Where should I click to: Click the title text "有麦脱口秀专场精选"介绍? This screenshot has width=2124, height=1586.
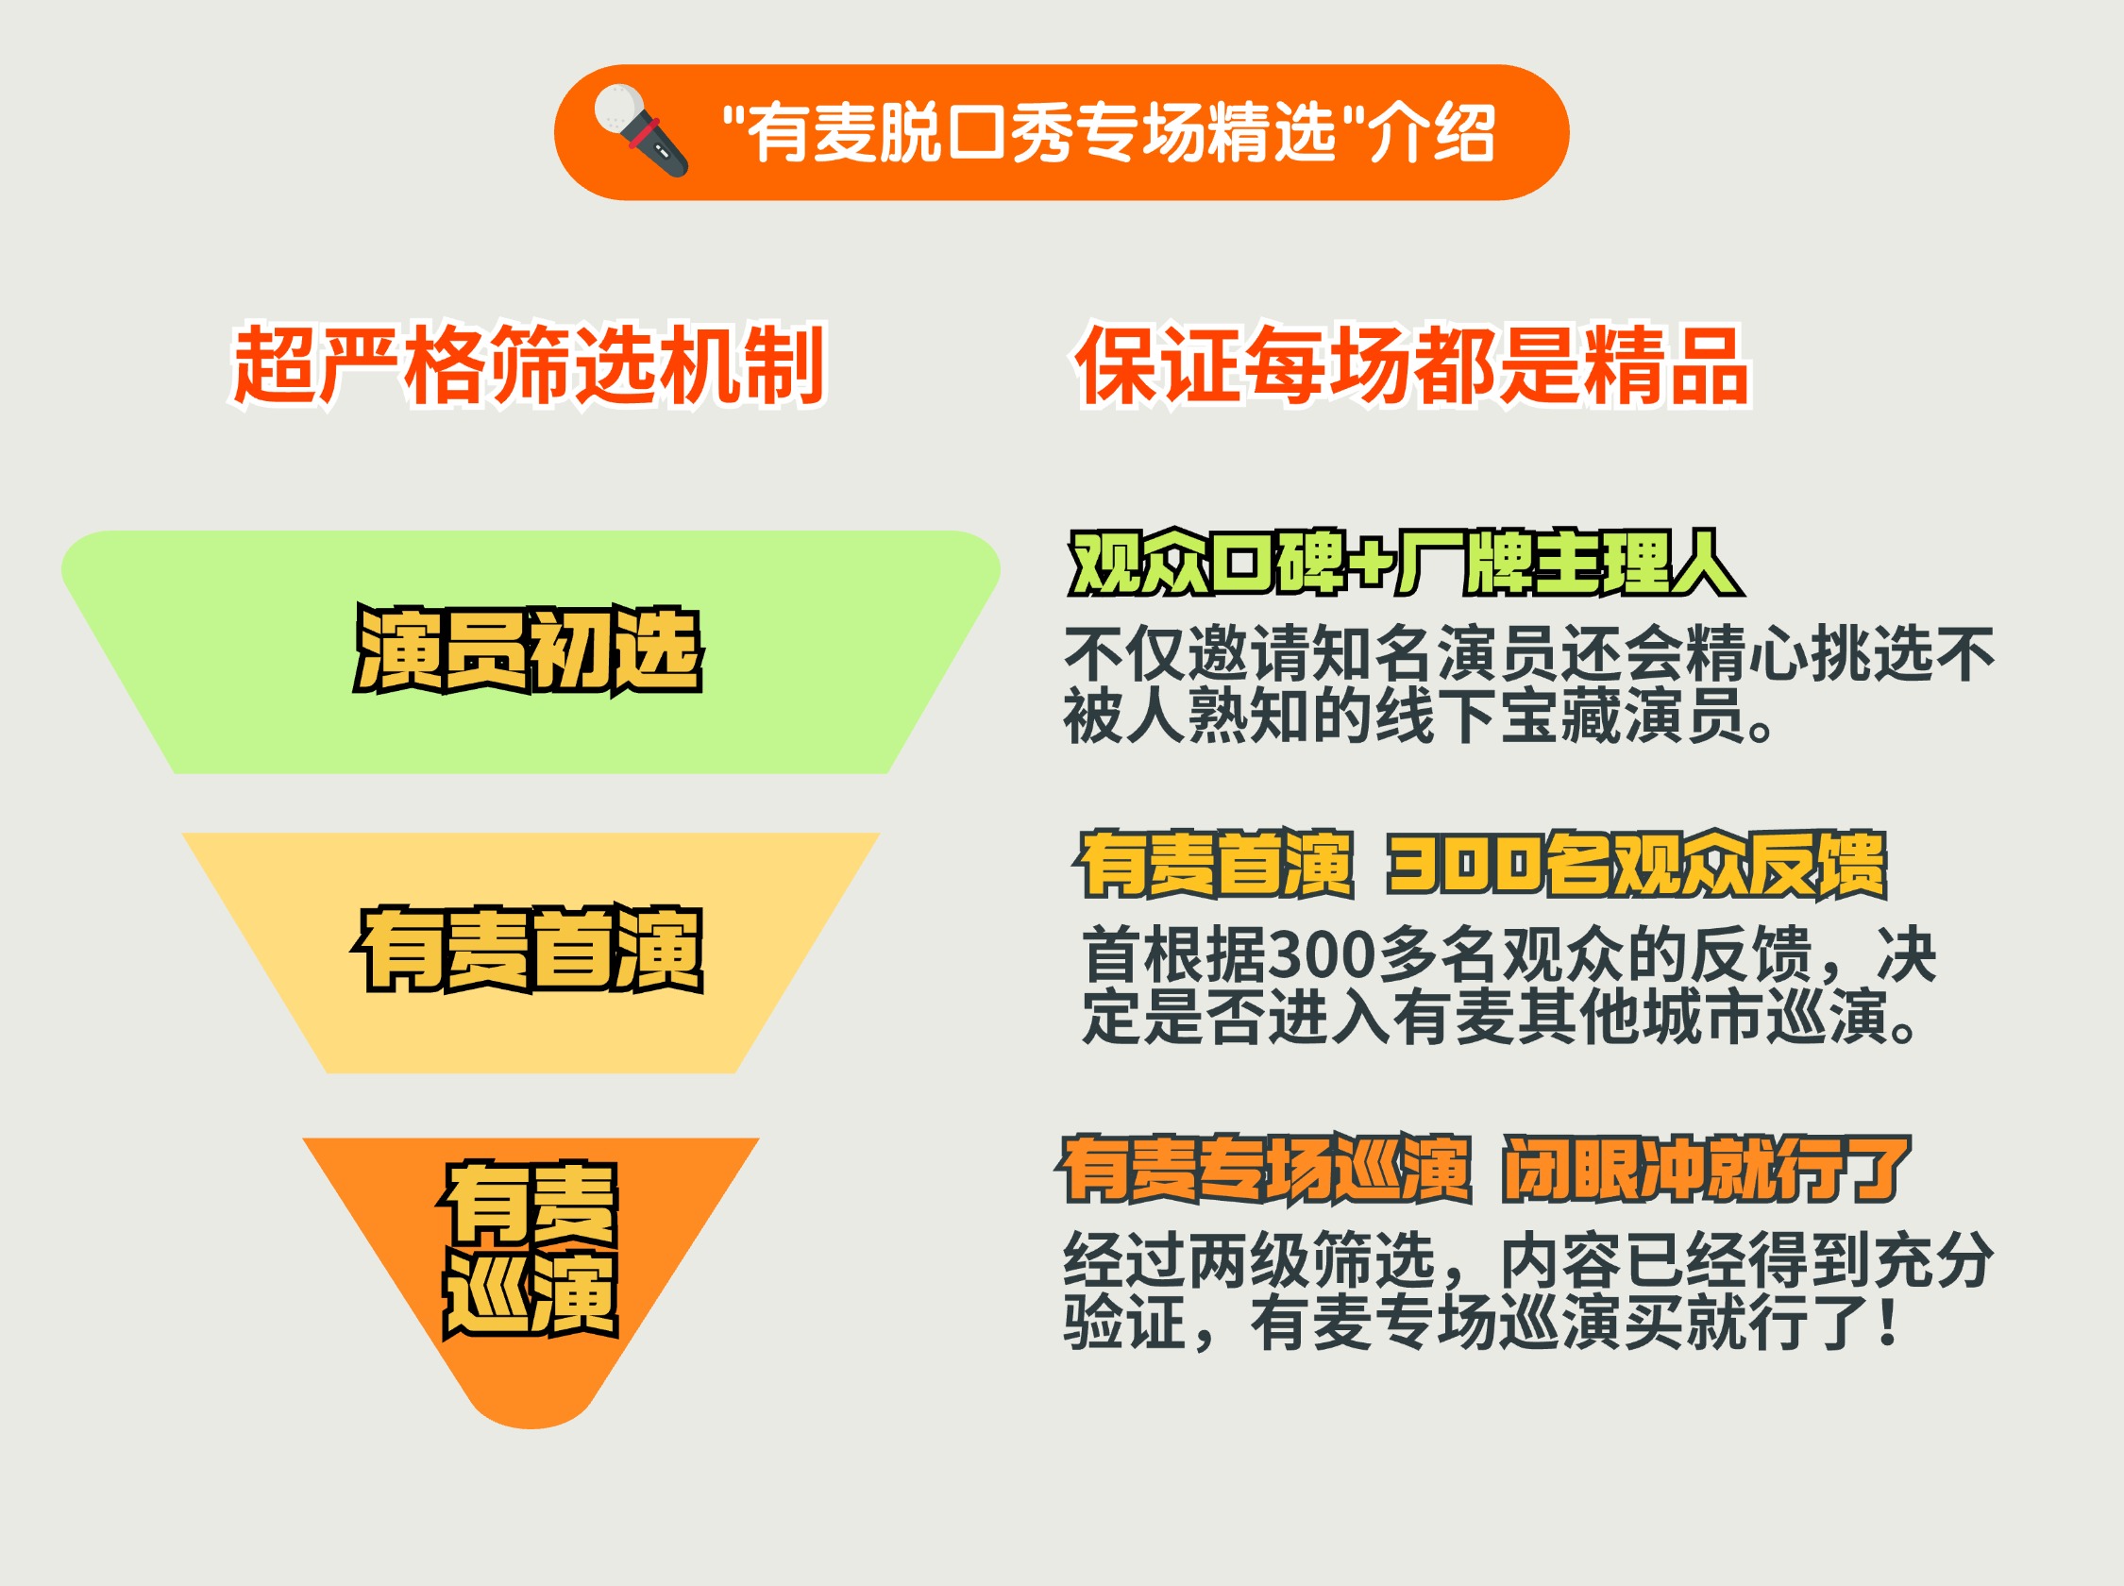point(1108,132)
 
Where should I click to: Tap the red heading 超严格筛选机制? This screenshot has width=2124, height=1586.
point(529,365)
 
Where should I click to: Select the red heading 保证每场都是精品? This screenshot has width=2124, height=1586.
point(1413,365)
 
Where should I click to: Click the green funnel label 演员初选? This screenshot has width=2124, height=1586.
point(529,649)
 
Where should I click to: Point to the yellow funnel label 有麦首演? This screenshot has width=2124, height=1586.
point(529,949)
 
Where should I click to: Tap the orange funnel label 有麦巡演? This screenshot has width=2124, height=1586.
point(529,1248)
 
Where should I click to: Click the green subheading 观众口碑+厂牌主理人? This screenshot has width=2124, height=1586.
point(1406,563)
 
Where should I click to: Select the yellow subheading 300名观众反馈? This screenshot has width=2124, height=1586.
point(1638,865)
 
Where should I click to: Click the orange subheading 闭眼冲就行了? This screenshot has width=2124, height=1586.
point(1707,1169)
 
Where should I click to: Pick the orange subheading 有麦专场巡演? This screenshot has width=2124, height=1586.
point(1265,1169)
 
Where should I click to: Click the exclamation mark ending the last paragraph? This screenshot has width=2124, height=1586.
point(1888,1321)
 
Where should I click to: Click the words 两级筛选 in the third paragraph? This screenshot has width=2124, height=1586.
point(1312,1259)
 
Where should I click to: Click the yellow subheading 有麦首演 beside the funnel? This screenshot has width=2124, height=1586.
point(1215,865)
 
